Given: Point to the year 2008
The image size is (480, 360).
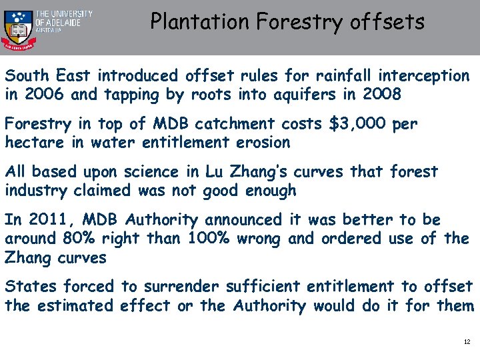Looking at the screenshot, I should [382, 95].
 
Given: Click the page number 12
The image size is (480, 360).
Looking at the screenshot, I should [467, 342].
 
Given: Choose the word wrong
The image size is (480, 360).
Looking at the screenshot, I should [261, 239].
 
